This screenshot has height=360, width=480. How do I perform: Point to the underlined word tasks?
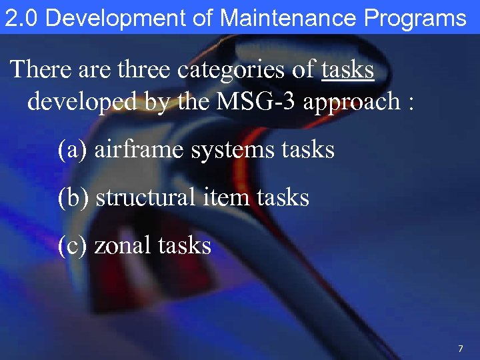coord(347,69)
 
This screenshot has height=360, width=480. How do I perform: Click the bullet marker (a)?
coord(72,149)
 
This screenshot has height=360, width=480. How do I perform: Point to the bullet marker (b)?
coord(73,197)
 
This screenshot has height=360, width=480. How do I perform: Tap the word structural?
coord(145,197)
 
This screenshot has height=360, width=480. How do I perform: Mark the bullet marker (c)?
coord(72,245)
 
